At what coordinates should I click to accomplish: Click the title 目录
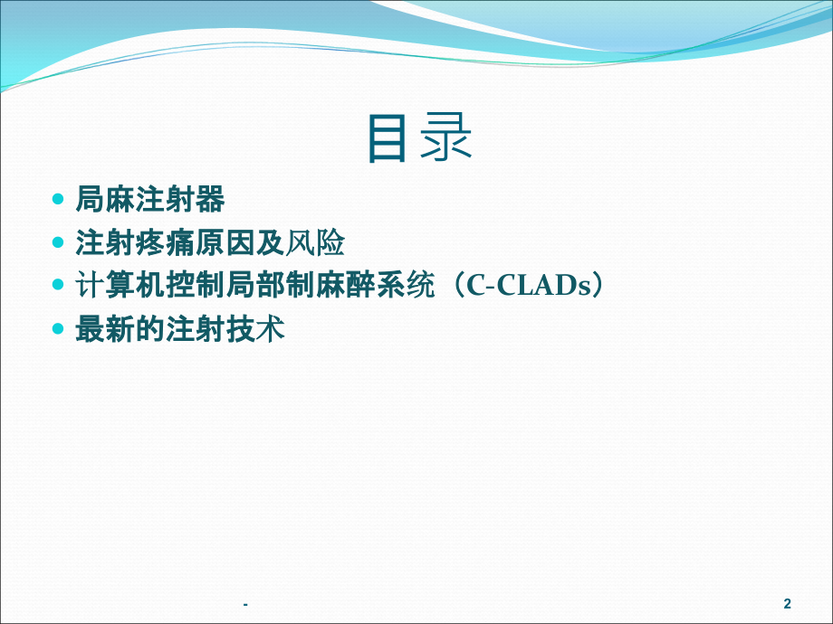[420, 138]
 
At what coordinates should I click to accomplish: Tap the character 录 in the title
[445, 138]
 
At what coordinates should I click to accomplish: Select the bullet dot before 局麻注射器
[58, 200]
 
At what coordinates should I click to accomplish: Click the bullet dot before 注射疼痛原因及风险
[58, 242]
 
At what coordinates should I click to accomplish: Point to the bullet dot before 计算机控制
[58, 286]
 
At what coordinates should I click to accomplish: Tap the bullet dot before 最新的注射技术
[58, 329]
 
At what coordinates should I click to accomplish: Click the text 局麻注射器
[150, 200]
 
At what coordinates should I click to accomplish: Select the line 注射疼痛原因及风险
[210, 242]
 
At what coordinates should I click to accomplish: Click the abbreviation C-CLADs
[528, 286]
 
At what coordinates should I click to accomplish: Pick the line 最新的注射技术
[180, 329]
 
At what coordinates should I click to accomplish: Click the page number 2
[788, 603]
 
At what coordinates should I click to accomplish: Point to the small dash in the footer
[245, 604]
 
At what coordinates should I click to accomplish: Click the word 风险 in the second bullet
[316, 242]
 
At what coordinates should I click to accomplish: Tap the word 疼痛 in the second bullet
[165, 242]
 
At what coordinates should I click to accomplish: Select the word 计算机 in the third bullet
[120, 286]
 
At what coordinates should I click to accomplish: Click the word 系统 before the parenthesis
[406, 286]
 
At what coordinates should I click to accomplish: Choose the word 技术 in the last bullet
[255, 329]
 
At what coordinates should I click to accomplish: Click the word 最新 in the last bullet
[105, 329]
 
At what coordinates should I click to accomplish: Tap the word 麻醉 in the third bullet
[345, 286]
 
